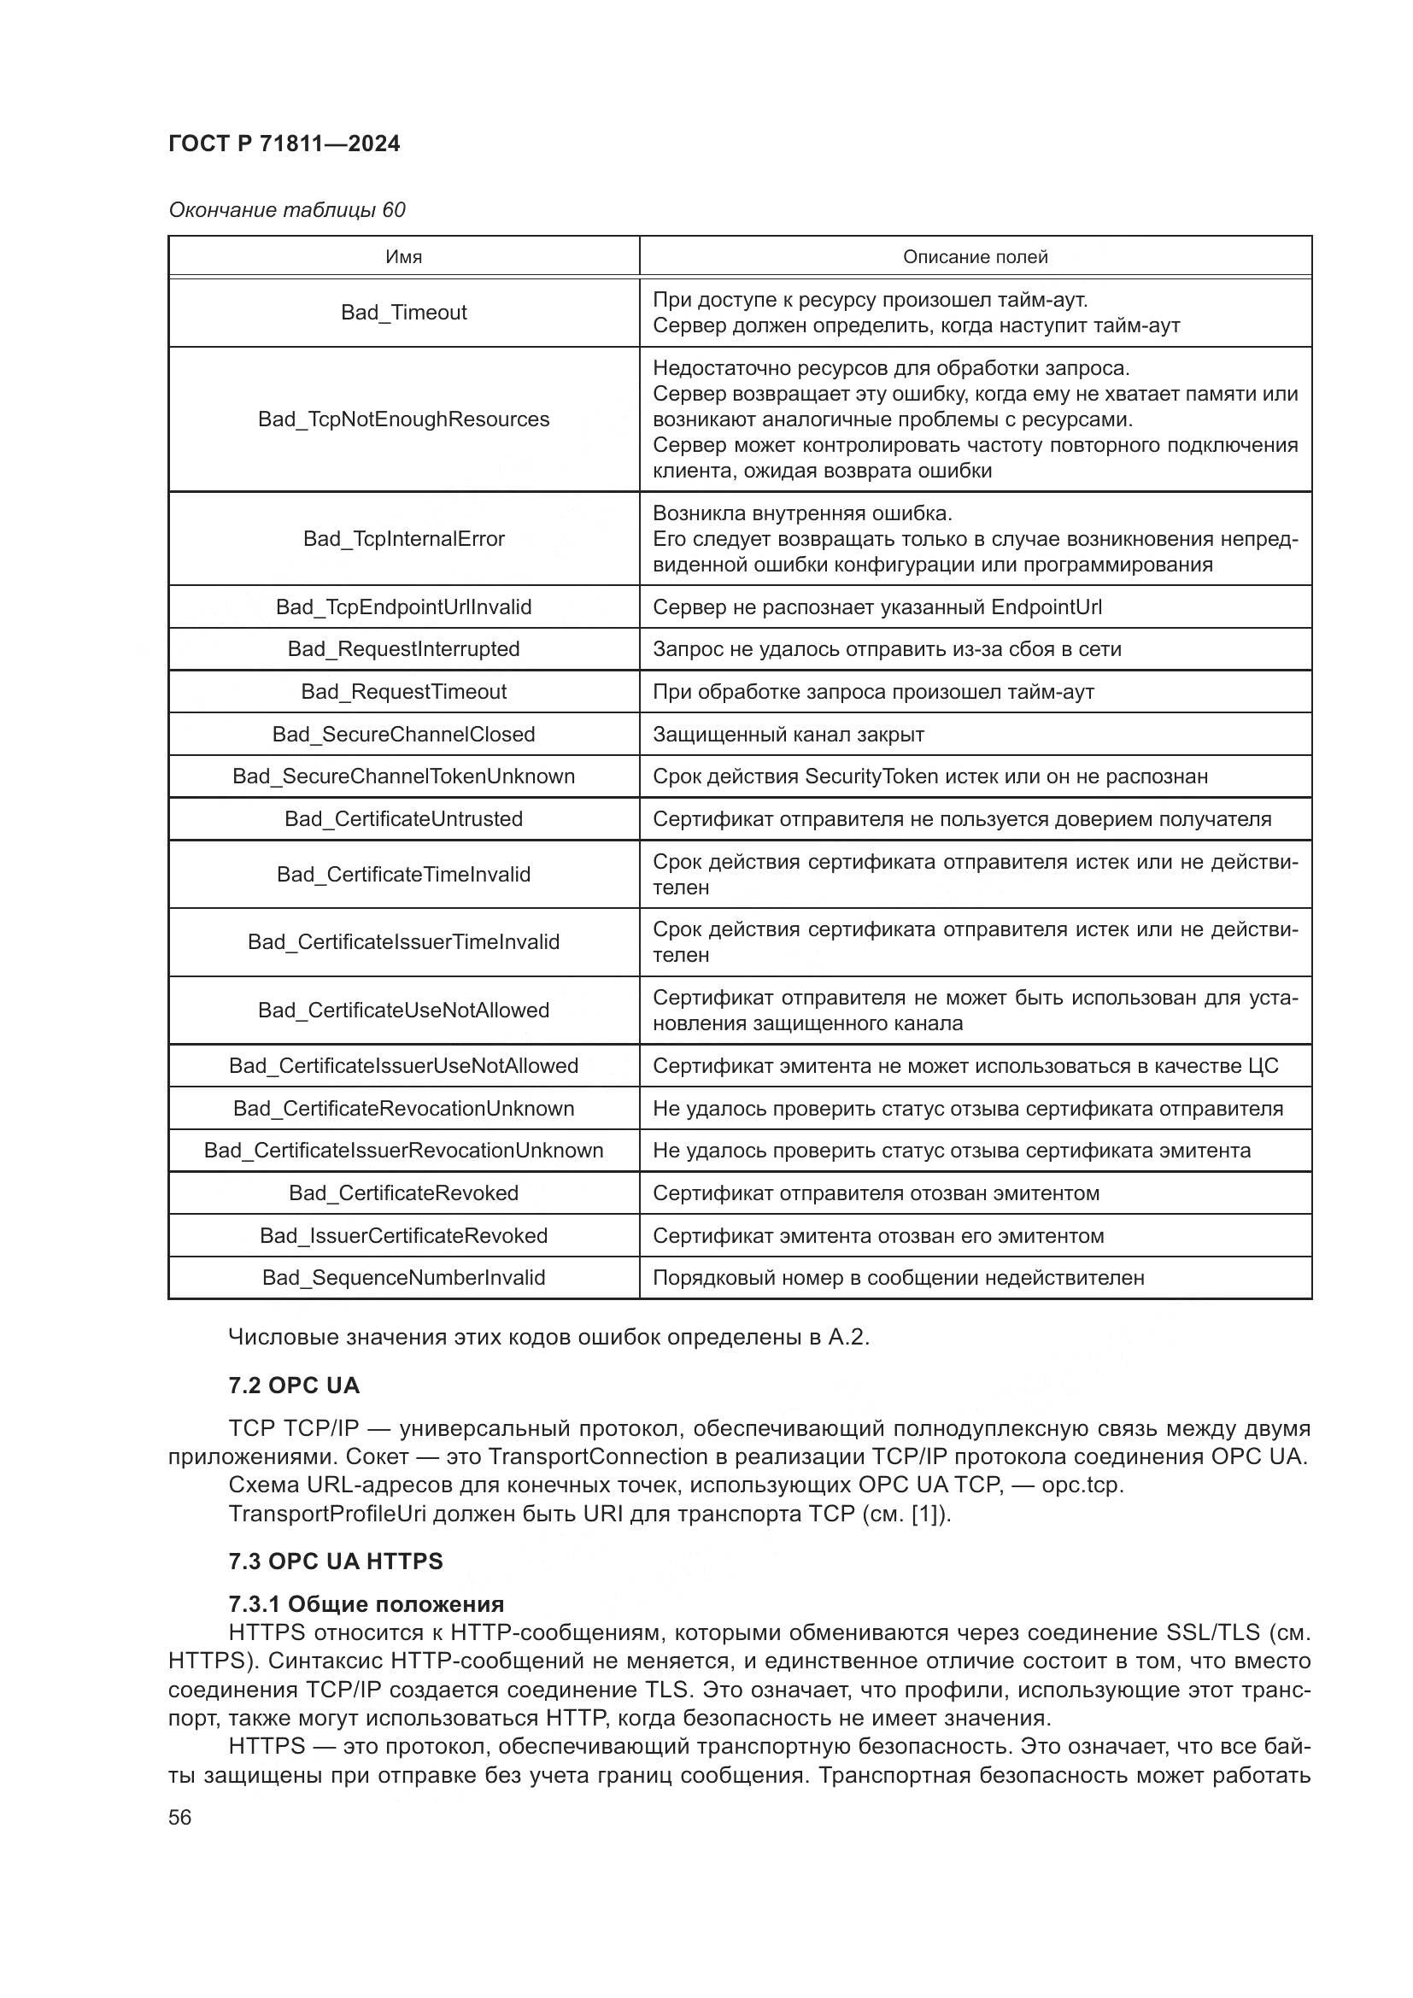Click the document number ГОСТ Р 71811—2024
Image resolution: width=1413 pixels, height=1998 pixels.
(284, 144)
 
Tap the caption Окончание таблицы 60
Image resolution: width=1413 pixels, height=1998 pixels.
(286, 210)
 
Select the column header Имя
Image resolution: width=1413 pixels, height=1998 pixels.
(404, 257)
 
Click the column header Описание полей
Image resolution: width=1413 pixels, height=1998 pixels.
(975, 257)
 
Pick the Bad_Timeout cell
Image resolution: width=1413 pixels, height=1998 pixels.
(404, 313)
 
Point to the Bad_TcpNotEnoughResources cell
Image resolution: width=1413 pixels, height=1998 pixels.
(404, 419)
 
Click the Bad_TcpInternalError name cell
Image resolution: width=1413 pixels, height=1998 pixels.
(404, 539)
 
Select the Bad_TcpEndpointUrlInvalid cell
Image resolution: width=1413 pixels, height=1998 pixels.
(404, 606)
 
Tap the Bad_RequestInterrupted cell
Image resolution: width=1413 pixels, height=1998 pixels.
(404, 649)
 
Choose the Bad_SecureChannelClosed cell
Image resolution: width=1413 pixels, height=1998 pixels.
(404, 735)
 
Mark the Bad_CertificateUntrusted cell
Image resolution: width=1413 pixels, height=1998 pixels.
(404, 819)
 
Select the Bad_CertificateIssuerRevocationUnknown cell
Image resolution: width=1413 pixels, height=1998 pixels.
(404, 1151)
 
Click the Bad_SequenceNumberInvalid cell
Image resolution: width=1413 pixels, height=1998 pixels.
(404, 1277)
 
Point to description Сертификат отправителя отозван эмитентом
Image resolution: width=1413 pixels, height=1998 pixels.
(876, 1193)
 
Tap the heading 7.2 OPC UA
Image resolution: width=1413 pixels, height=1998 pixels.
(294, 1386)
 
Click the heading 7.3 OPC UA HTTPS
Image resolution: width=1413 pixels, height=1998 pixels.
(336, 1561)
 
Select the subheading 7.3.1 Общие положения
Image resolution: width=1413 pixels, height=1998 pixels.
(366, 1604)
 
